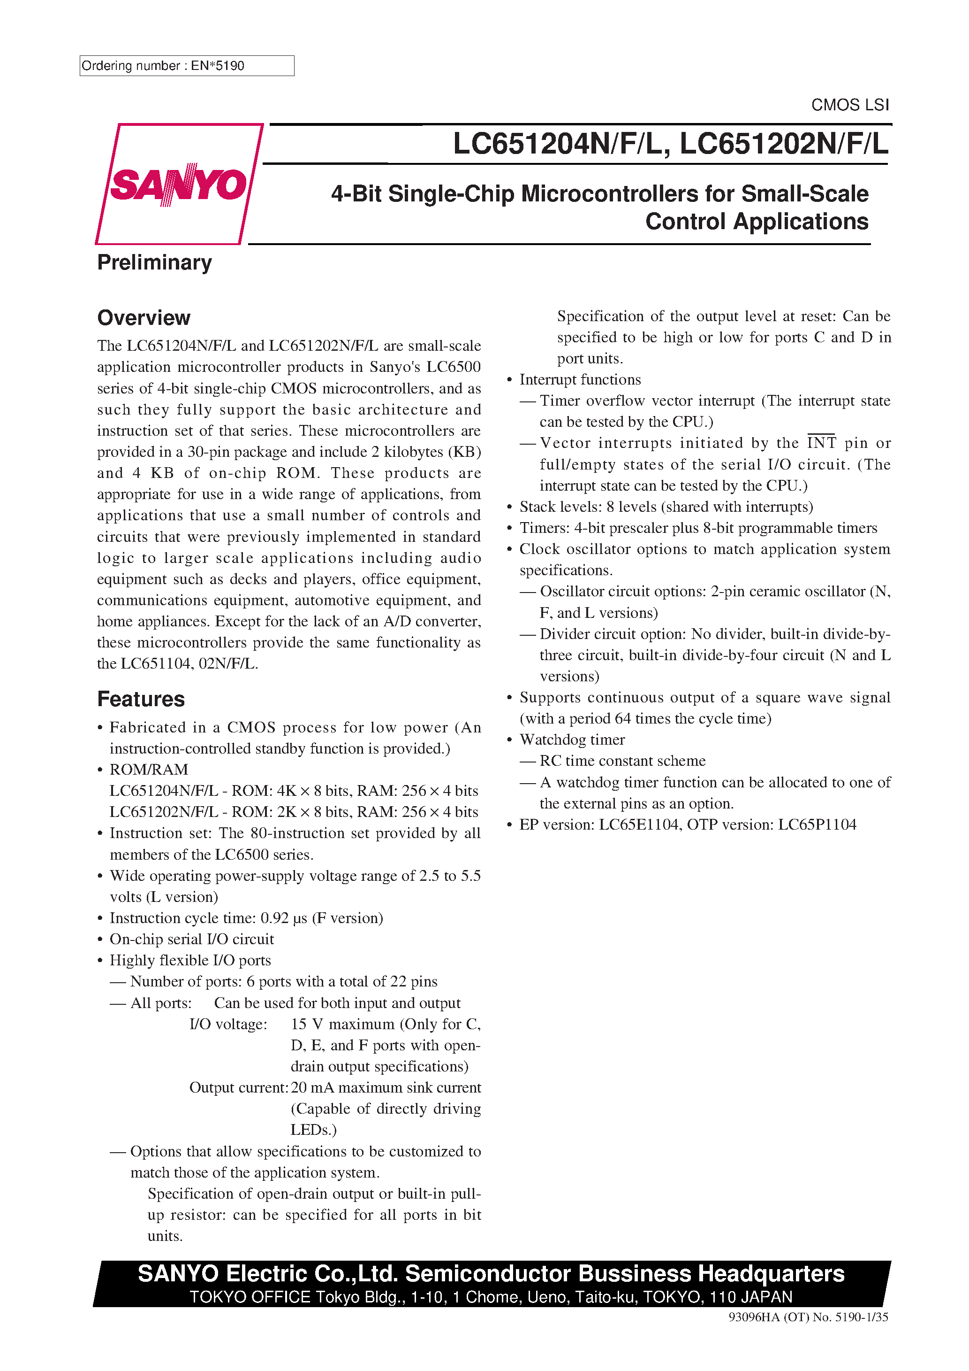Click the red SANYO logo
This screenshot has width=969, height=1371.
(178, 185)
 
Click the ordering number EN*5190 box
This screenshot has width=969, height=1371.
(186, 66)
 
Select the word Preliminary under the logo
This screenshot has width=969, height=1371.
(154, 263)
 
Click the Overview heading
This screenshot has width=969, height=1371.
(144, 318)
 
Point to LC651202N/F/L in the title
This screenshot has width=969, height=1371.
(783, 144)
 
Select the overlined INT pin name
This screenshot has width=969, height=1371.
(821, 443)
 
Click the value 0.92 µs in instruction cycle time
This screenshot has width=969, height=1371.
(283, 918)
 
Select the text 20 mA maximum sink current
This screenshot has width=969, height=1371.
(386, 1087)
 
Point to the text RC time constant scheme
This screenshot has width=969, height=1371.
(622, 761)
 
